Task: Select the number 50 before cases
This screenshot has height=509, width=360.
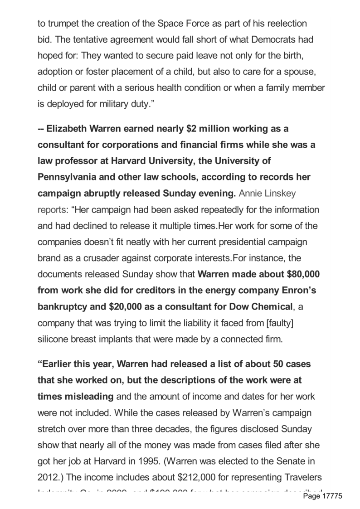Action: click(279, 364)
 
